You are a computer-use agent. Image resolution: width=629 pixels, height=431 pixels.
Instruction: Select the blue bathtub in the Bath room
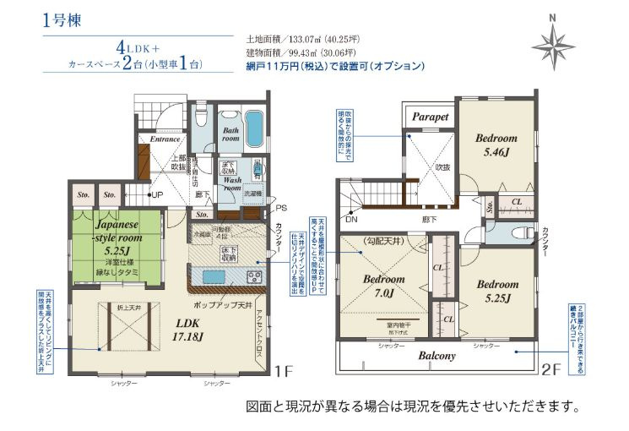(x=253, y=128)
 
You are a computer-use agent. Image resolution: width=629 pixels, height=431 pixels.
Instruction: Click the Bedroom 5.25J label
(x=495, y=291)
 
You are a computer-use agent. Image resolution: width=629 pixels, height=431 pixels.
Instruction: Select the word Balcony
(x=437, y=356)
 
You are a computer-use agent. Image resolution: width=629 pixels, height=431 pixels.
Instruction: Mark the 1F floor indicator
(x=283, y=370)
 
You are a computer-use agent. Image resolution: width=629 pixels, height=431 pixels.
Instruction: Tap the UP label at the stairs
(x=157, y=196)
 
